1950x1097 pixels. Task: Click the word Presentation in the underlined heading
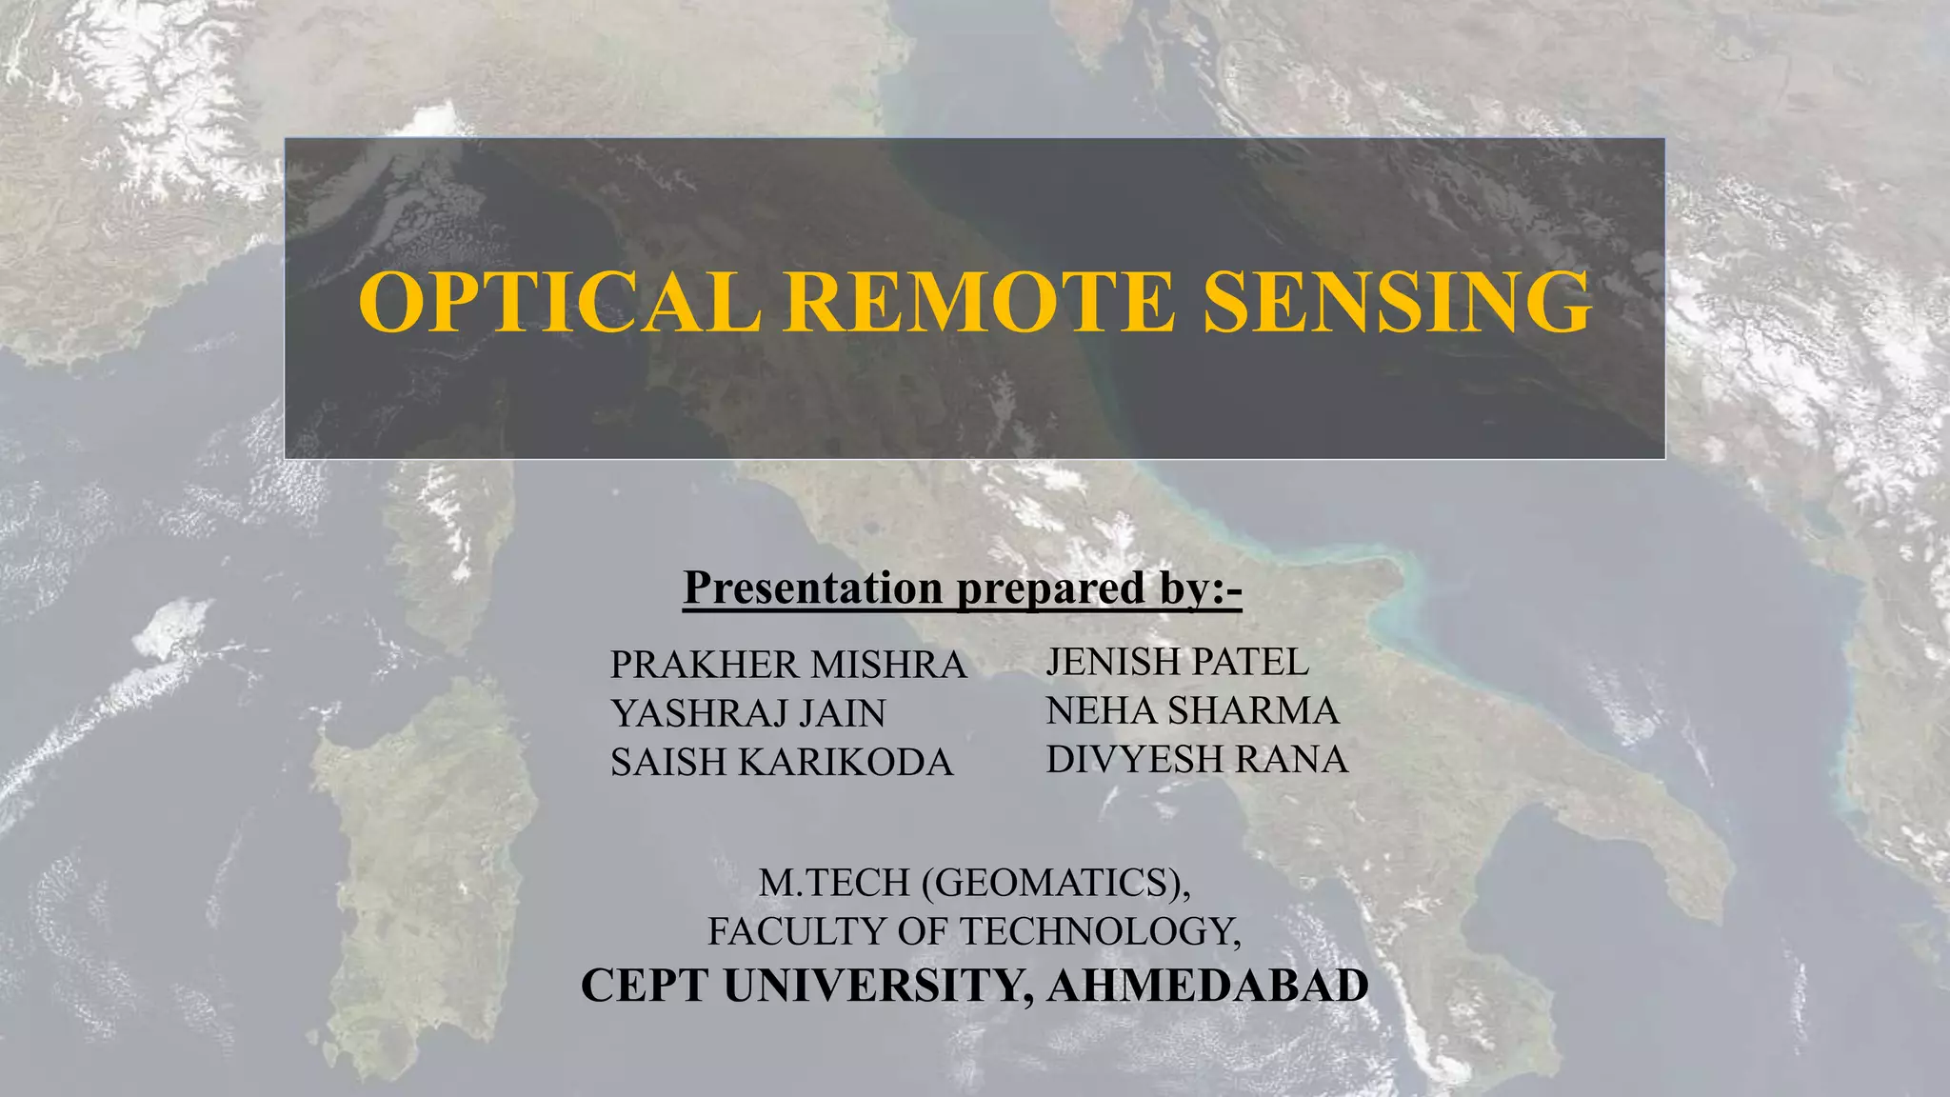coord(812,588)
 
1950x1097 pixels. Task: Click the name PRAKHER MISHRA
coord(788,665)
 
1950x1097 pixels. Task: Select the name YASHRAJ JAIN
coord(747,713)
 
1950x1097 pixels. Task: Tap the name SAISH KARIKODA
coord(782,763)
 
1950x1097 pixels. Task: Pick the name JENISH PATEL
coord(1177,662)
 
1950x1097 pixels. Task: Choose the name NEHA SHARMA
coord(1192,710)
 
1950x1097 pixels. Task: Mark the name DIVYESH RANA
coord(1197,760)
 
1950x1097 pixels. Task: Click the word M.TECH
coord(834,884)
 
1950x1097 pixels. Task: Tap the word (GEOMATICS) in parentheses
coord(1056,884)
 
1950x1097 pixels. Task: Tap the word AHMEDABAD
coord(1207,986)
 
